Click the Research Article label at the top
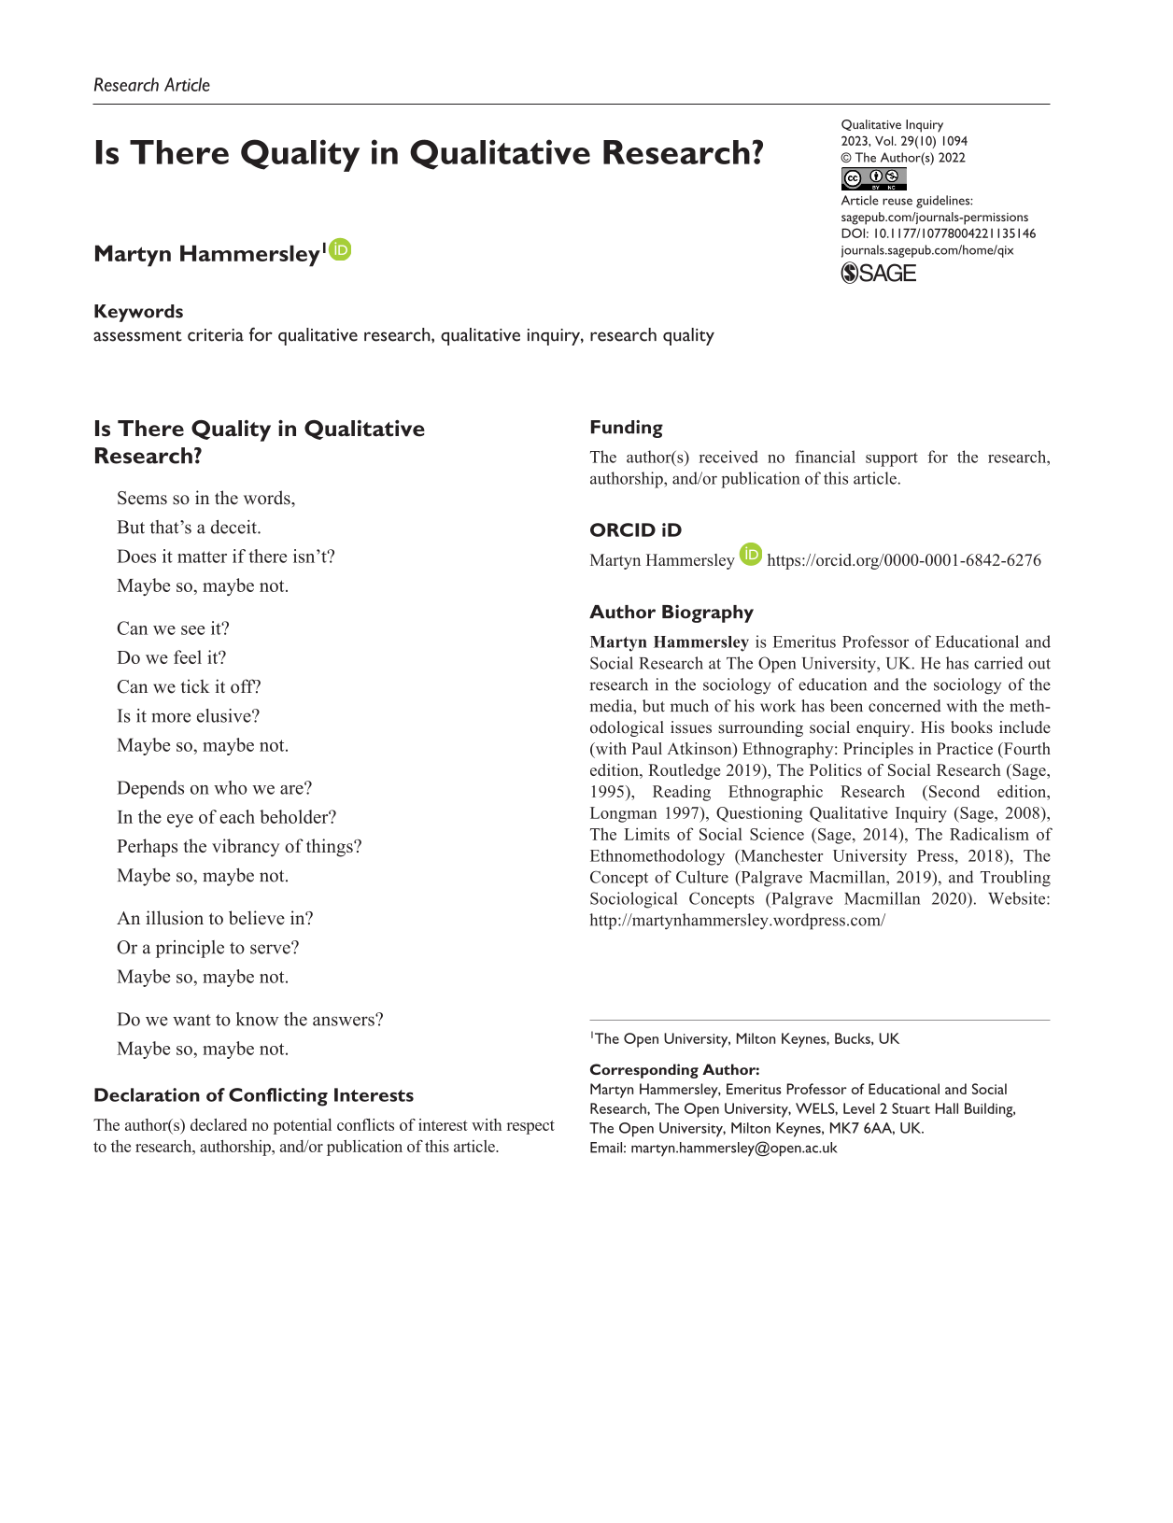pos(151,85)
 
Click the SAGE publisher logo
pos(878,273)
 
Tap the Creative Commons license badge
pos(873,178)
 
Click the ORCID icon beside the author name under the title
pos(341,250)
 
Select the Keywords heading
pos(138,312)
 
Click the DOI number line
pos(938,233)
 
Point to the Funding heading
pos(626,428)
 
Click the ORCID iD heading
pos(635,530)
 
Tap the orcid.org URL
pos(903,560)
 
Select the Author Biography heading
pos(671,613)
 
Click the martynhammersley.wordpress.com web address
pos(737,921)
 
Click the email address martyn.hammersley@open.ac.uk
pos(733,1149)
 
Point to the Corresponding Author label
pos(673,1070)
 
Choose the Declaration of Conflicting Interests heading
pos(253,1095)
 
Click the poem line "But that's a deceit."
pos(189,528)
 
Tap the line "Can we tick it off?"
pos(189,687)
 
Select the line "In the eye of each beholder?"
pos(226,817)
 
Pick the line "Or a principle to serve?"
pos(207,948)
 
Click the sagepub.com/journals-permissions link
pos(934,217)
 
